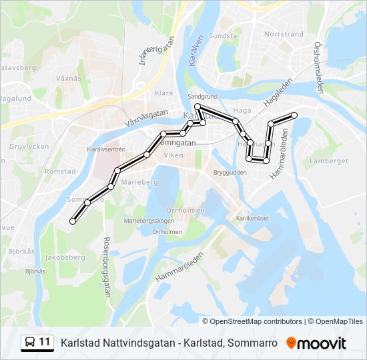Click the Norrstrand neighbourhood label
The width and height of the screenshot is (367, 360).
(x=284, y=33)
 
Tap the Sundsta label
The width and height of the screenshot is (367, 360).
(x=223, y=36)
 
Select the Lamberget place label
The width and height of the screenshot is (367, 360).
(x=333, y=161)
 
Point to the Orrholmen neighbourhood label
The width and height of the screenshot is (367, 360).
(x=186, y=210)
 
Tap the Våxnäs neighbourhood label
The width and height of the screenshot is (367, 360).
(x=69, y=78)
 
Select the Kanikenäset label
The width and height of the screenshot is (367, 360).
(x=252, y=218)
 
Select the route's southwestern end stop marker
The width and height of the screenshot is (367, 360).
(x=73, y=221)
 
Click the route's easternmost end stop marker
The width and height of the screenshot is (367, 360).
(x=294, y=115)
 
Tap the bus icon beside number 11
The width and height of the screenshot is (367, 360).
(x=29, y=343)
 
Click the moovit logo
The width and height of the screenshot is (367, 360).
(x=316, y=343)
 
